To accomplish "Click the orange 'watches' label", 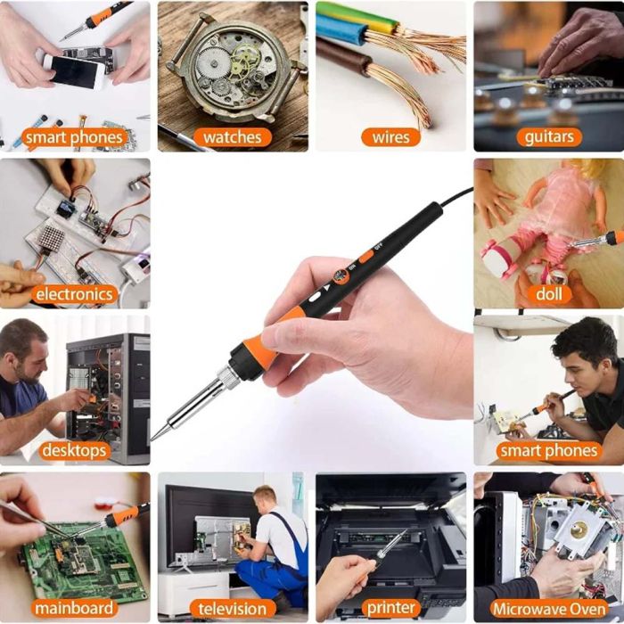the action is (x=233, y=137).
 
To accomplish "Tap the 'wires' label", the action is (x=390, y=137).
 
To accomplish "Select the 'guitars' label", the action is (x=549, y=137).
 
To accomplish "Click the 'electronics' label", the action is (x=74, y=294).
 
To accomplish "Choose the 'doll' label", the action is (x=549, y=294).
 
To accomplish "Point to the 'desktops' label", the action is (x=74, y=451).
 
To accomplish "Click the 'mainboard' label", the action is (x=74, y=608).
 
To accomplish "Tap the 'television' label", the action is (x=233, y=609).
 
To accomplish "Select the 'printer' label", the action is (x=390, y=608).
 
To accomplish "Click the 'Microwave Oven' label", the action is (x=549, y=609).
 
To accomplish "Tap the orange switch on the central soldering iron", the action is (x=366, y=256).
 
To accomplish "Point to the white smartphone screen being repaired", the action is (x=74, y=71).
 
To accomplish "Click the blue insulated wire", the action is (x=341, y=29).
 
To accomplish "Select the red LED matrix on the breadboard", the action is (x=52, y=242).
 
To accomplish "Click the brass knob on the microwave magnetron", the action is (x=578, y=530).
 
